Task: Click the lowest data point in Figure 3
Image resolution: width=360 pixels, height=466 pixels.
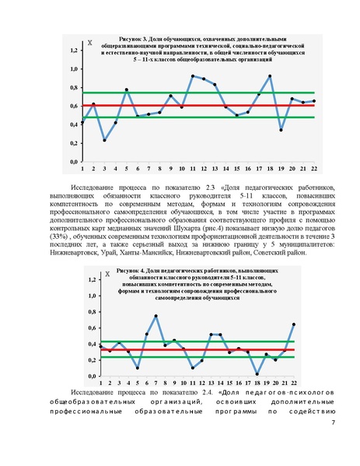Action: (x=104, y=140)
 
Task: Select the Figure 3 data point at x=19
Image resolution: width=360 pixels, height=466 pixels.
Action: (x=281, y=130)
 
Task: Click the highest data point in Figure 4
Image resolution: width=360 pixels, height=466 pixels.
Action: (x=156, y=316)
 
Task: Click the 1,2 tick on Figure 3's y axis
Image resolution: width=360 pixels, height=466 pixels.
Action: (x=73, y=51)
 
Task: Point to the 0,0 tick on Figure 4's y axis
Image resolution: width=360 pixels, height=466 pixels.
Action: (x=91, y=377)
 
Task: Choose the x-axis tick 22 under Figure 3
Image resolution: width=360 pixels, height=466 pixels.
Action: (x=313, y=168)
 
